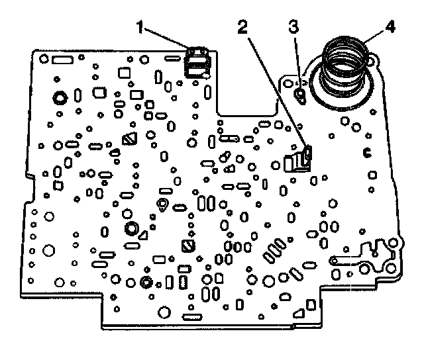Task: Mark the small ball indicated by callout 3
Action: (299, 96)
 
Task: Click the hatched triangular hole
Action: (129, 138)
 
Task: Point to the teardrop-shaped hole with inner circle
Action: (162, 202)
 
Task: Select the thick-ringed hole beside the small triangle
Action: (131, 229)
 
